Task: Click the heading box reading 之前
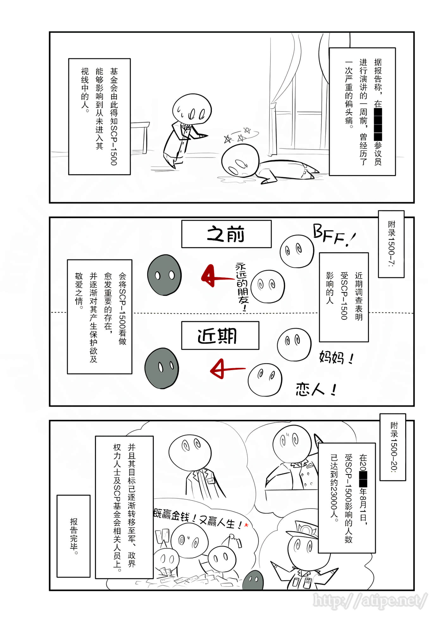[226, 234]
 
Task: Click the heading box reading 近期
[220, 335]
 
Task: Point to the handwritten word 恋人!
[316, 389]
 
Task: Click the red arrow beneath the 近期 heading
[226, 369]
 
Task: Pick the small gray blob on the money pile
[253, 581]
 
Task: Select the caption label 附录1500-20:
[393, 446]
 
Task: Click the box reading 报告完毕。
[73, 536]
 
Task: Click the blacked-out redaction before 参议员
[378, 124]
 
